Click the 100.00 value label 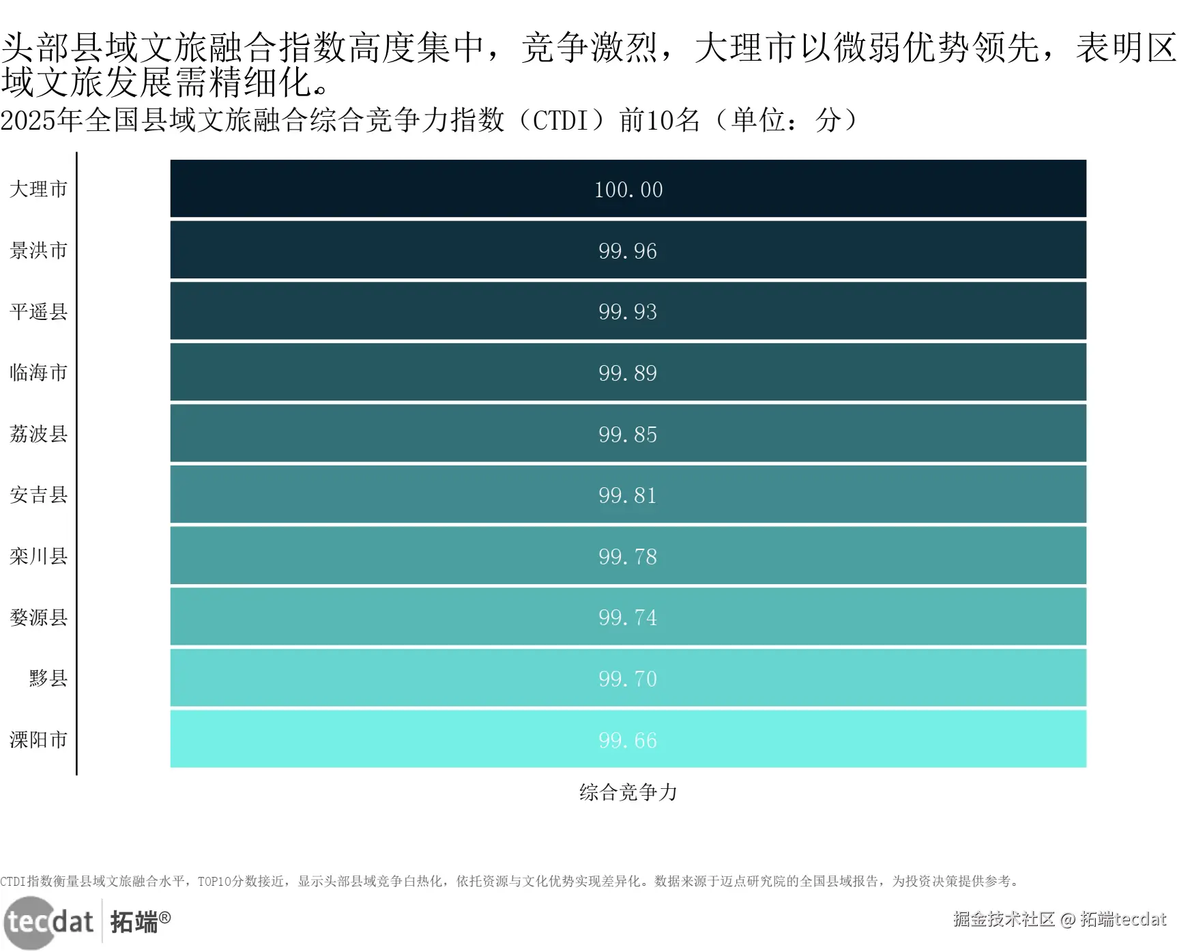pos(628,190)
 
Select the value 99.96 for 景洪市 pos(628,251)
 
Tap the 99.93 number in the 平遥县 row pos(628,312)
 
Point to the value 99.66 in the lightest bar pos(628,740)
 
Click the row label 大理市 pos(39,189)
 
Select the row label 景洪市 pos(39,250)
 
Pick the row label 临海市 pos(39,373)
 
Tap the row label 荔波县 pos(39,434)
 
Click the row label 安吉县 pos(39,495)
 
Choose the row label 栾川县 pos(39,556)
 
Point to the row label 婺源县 pos(39,618)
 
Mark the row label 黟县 pos(48,678)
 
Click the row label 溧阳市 pos(39,740)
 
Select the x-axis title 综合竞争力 pos(628,792)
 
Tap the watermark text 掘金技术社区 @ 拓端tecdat pos(1060,919)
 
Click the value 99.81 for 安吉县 pos(628,495)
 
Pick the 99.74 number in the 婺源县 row pos(628,618)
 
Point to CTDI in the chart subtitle pos(558,121)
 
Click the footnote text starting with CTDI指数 pos(510,881)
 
